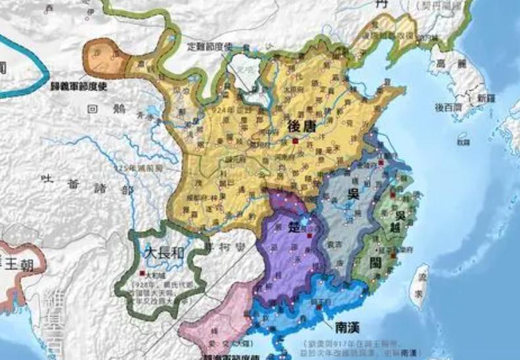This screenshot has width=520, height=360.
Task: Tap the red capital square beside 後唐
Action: (x=296, y=141)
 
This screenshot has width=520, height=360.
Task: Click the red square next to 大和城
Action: (x=142, y=272)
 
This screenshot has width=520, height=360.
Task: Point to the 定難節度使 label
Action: (x=210, y=47)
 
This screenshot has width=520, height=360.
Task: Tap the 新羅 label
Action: (x=486, y=98)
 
